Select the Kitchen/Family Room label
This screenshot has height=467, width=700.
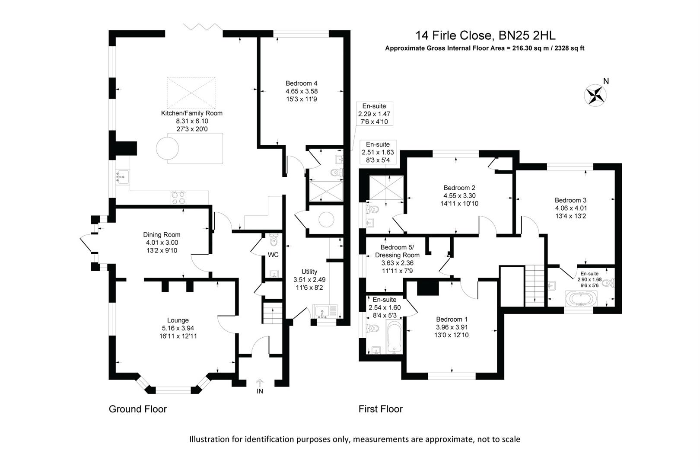coord(191,113)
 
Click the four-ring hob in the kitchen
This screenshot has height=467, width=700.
coord(179,198)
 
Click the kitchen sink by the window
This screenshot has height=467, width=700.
coord(122,177)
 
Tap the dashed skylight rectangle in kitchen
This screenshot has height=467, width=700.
coord(191,93)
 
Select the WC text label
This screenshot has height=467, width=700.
coord(273,255)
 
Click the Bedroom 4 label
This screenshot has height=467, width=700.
coord(301,83)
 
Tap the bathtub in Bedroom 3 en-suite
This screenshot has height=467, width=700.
coord(581,298)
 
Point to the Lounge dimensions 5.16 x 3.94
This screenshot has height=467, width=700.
coord(178,328)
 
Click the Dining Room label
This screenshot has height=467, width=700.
coord(162,235)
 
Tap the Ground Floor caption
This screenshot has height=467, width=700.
coord(137,409)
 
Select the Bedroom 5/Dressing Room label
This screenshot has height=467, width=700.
coord(397,251)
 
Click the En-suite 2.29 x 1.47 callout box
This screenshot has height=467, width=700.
coord(374,114)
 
